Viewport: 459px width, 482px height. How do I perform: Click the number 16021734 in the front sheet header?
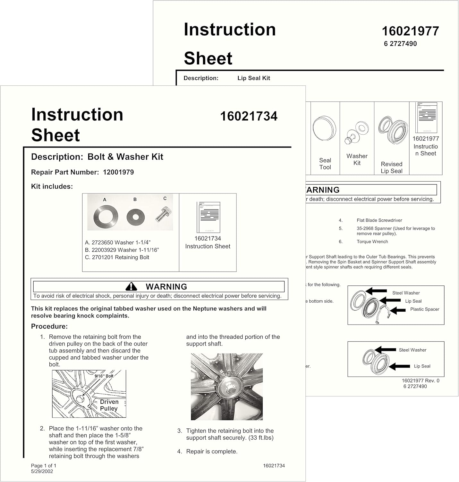pyautogui.click(x=249, y=116)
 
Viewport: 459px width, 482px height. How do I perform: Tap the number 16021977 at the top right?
pyautogui.click(x=410, y=31)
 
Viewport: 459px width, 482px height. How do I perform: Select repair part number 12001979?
pyautogui.click(x=118, y=172)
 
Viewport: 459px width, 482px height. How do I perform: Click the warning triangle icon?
pyautogui.click(x=131, y=286)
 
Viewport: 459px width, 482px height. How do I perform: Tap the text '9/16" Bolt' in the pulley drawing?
pyautogui.click(x=104, y=376)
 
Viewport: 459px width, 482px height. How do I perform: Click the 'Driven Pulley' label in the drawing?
pyautogui.click(x=109, y=405)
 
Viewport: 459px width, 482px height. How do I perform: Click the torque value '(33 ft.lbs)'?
pyautogui.click(x=261, y=438)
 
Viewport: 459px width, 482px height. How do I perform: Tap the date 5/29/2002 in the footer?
pyautogui.click(x=42, y=471)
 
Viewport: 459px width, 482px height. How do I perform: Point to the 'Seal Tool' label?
pyautogui.click(x=325, y=164)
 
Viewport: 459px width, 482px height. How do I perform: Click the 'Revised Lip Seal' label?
pyautogui.click(x=391, y=167)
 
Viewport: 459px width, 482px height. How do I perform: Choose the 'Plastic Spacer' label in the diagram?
pyautogui.click(x=425, y=309)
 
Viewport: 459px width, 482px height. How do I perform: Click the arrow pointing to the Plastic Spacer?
pyautogui.click(x=398, y=310)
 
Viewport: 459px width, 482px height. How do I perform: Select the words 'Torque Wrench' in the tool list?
pyautogui.click(x=372, y=242)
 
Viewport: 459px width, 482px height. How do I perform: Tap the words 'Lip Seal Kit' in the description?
pyautogui.click(x=254, y=78)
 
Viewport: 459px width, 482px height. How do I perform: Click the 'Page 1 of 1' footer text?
pyautogui.click(x=44, y=466)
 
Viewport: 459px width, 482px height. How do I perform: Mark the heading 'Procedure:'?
pyautogui.click(x=49, y=326)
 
